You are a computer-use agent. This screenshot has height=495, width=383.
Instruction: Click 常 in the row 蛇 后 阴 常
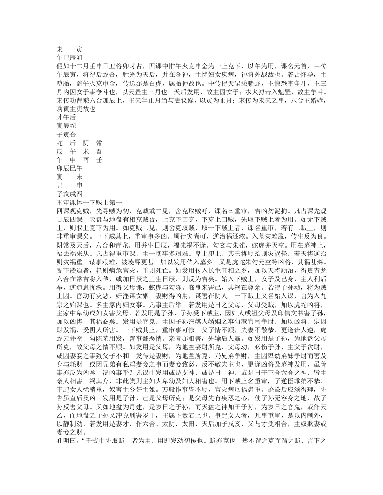click(99, 142)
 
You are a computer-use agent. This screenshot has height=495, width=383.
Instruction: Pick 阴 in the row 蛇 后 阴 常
click(86, 142)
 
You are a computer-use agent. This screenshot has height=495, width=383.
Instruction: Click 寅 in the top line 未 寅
click(79, 49)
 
